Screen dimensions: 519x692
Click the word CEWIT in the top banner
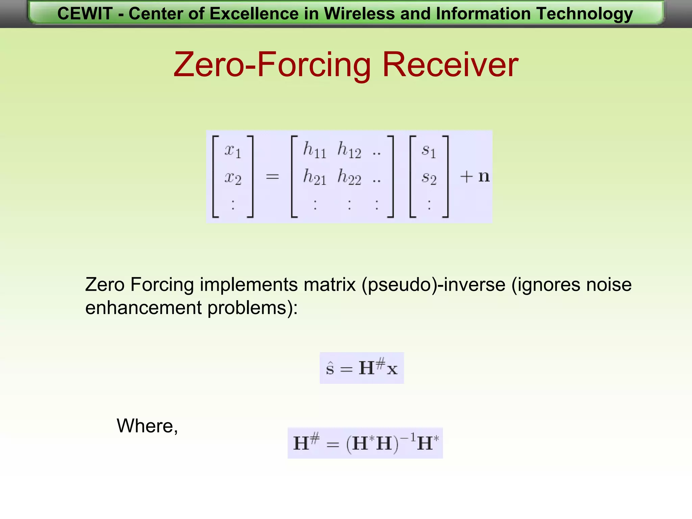click(x=85, y=14)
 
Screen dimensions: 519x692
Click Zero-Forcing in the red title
click(x=272, y=64)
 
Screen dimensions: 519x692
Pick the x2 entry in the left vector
click(x=233, y=177)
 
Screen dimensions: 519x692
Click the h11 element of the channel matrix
click(x=315, y=150)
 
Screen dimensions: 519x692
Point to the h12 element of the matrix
click(x=349, y=150)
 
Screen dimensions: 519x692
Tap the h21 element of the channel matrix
click(x=315, y=177)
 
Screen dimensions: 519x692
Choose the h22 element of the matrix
click(x=349, y=177)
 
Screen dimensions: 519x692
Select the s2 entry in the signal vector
click(x=429, y=178)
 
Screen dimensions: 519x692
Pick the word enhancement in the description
click(x=143, y=308)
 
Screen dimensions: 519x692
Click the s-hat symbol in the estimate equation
click(x=330, y=368)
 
